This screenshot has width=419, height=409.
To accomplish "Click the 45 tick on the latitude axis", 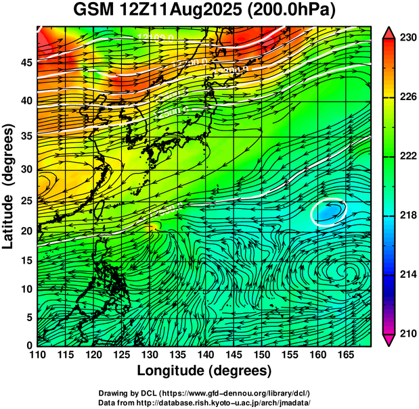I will [26, 62].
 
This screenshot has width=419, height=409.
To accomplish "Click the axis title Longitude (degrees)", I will [204, 370].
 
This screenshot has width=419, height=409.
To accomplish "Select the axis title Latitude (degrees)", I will [9, 186].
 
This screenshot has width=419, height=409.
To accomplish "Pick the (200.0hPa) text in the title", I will [296, 11].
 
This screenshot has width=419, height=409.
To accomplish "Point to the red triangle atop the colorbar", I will [389, 32].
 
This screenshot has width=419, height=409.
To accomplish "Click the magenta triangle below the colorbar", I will [389, 340].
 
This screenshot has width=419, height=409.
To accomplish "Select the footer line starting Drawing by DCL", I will [204, 393].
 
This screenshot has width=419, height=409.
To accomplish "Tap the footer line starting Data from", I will [204, 402].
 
